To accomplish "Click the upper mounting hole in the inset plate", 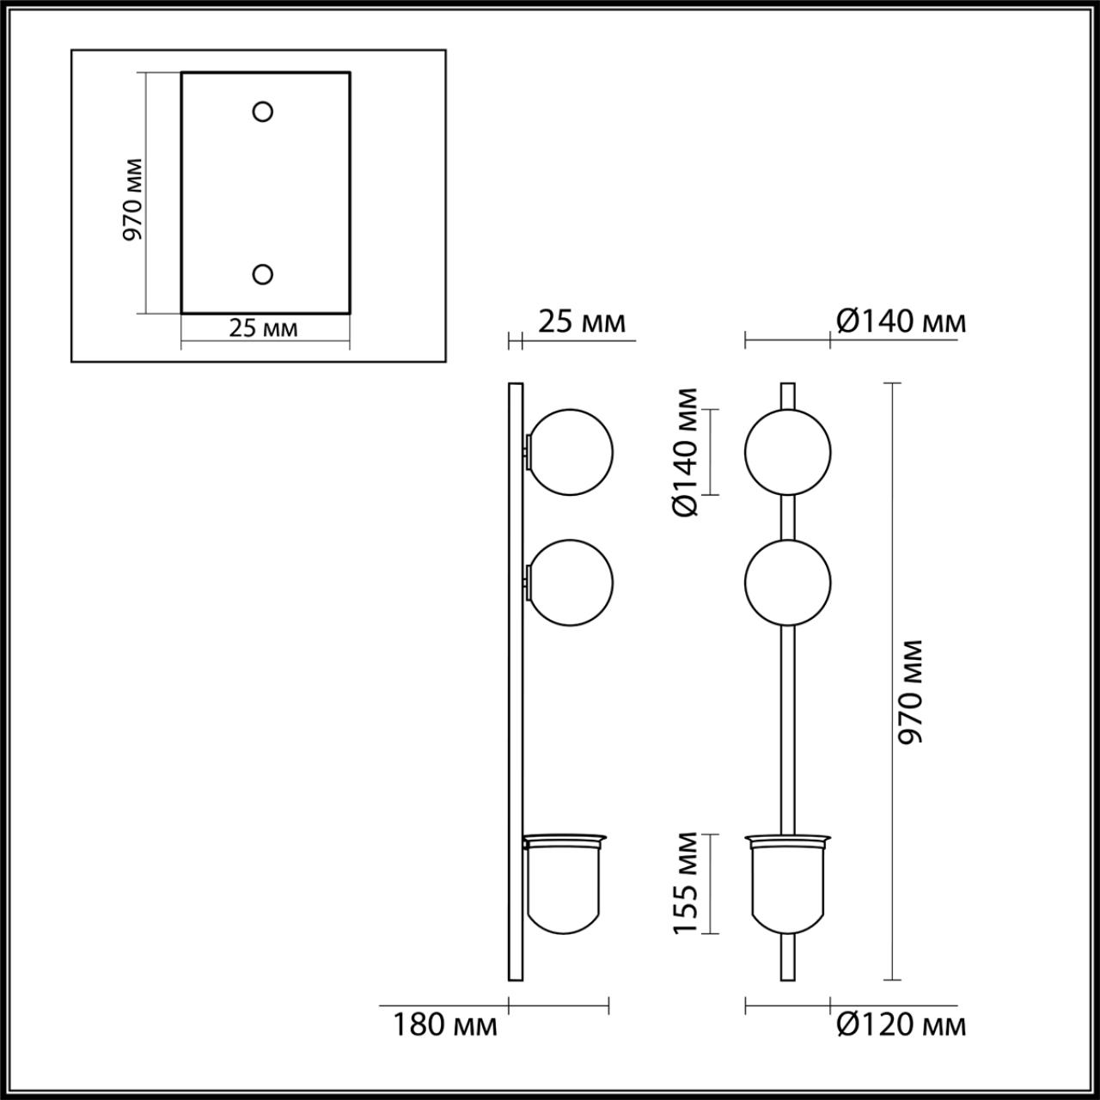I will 262,111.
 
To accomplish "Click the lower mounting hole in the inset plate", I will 262,274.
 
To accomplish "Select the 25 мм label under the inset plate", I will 264,327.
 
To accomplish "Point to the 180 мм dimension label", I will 445,1024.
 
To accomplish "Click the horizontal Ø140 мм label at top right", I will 901,321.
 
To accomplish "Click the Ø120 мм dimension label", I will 901,1024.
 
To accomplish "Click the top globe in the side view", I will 571,452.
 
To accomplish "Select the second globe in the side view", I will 571,583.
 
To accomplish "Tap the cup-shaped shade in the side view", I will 565,885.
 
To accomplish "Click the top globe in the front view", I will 787,452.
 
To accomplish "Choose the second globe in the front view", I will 787,583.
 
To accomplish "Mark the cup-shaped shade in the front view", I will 787,885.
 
